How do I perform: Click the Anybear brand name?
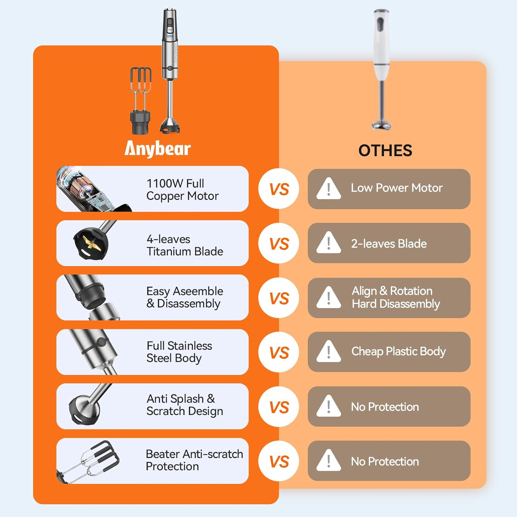point(158,149)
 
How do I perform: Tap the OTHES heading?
point(385,151)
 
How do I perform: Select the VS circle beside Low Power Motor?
point(279,189)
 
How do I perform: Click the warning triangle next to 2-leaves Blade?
point(328,243)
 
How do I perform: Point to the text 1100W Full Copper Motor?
point(182,190)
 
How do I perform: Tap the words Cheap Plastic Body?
point(398,351)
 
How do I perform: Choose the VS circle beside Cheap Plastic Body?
point(279,352)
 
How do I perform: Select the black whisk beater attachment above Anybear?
point(141,100)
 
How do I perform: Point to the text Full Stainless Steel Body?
point(179,352)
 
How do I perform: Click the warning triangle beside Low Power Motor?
point(328,188)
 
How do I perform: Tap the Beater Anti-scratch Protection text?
point(194,460)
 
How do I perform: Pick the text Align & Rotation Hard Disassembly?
point(396,297)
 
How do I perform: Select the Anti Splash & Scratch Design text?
point(184,405)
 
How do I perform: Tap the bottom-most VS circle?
point(279,461)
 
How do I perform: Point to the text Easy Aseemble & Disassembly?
point(184,297)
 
